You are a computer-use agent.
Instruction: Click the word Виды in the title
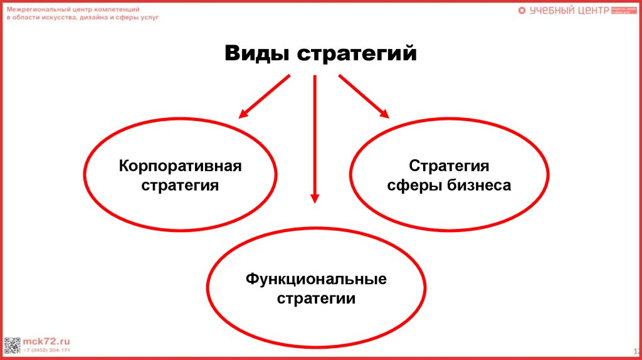tap(257, 53)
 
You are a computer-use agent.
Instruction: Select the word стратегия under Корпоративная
tap(180, 186)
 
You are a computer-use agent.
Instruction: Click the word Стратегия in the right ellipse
tap(449, 166)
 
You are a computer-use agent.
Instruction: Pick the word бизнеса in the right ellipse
tap(478, 186)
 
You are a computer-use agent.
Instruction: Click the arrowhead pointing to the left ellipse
tap(243, 114)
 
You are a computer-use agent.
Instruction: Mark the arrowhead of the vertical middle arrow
tap(315, 198)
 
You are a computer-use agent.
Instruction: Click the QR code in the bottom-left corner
tap(12, 346)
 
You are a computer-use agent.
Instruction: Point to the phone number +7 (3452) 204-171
tap(47, 350)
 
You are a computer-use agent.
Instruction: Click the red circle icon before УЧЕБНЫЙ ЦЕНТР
tap(522, 11)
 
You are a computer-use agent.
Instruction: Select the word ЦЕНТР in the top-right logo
tap(589, 11)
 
